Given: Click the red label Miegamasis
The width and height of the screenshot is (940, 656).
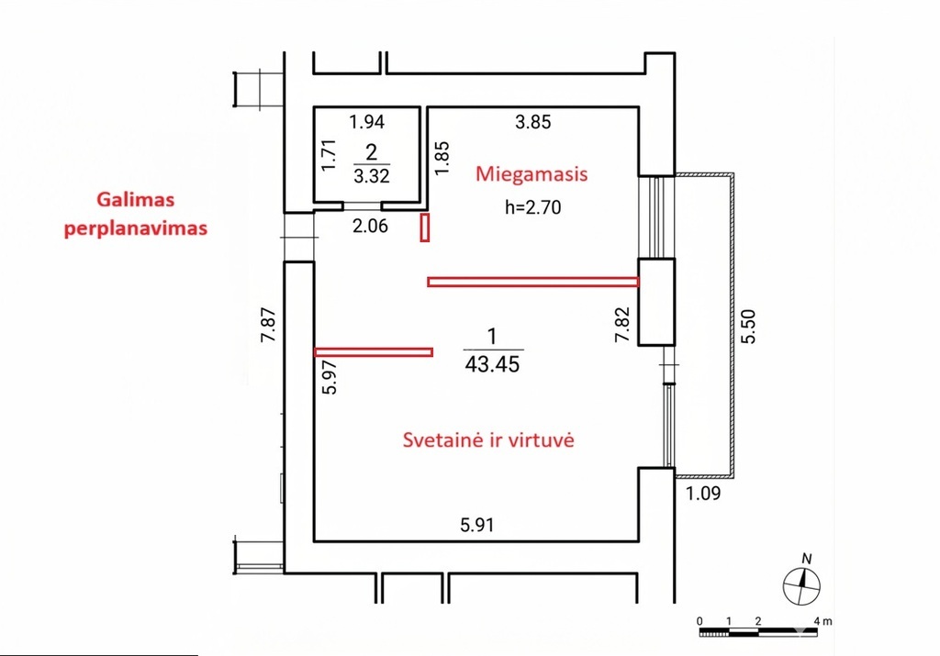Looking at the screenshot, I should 531,174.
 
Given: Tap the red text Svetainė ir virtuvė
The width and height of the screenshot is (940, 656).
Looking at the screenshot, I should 488,439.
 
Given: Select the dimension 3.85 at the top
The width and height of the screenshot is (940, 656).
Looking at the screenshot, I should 532,121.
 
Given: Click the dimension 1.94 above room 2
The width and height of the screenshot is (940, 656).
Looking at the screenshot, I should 367,121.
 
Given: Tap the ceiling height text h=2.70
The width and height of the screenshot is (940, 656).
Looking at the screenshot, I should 532,207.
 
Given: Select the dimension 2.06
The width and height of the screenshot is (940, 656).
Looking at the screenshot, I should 371,227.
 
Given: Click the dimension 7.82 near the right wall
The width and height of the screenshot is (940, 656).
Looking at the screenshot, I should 623,325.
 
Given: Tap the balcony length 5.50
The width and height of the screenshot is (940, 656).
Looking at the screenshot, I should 749,326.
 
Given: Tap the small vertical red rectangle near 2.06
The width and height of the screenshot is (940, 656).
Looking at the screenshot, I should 425,227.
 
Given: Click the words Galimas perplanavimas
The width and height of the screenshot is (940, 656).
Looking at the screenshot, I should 135,214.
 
